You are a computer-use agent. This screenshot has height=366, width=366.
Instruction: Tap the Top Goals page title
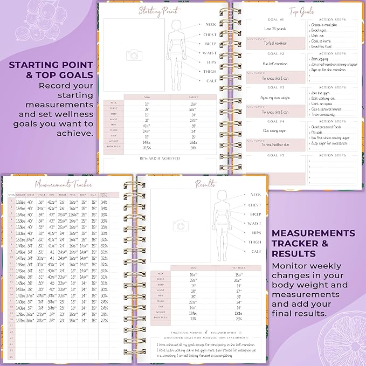tap(301, 11)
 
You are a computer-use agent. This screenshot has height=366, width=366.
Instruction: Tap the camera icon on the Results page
tap(179, 225)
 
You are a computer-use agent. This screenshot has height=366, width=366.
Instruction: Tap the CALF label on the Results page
tap(256, 252)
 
